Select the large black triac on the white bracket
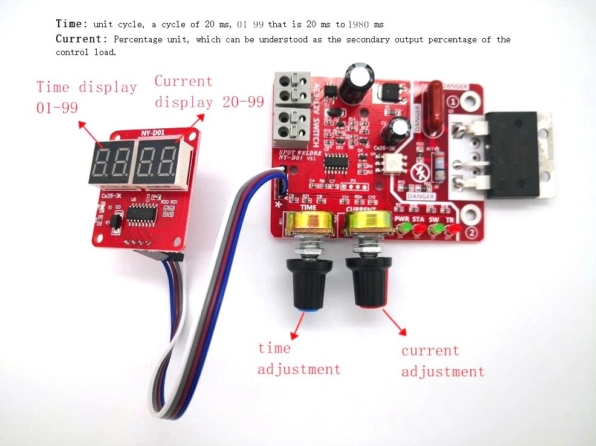[x=514, y=155]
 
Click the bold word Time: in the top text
[x=71, y=24]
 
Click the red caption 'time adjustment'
[x=299, y=358]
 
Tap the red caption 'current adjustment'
[x=442, y=361]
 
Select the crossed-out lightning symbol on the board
[x=419, y=172]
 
